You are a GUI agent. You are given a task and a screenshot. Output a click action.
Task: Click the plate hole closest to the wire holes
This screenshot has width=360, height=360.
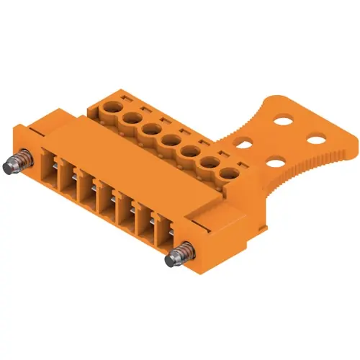coord(244,142)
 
